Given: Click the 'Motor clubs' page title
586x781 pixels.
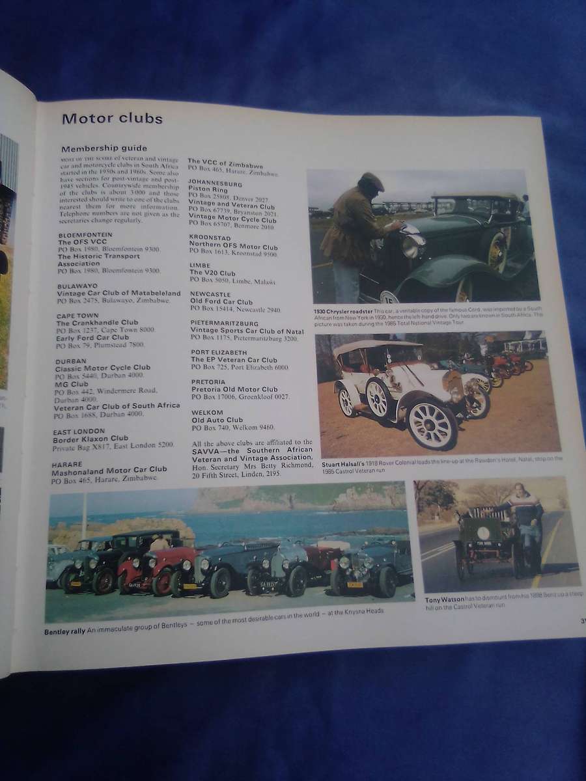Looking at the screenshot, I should coord(112,118).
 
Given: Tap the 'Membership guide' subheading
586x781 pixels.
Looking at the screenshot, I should coord(104,148).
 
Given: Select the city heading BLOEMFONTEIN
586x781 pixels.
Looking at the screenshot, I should coord(85,234).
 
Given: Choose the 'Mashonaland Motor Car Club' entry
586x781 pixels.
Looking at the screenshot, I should coord(111,469).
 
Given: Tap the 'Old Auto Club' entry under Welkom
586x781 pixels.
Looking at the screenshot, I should coord(217,420).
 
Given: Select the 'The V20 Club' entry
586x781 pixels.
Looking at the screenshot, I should coord(212,273).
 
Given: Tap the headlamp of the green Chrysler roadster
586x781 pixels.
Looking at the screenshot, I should coord(412,245).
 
